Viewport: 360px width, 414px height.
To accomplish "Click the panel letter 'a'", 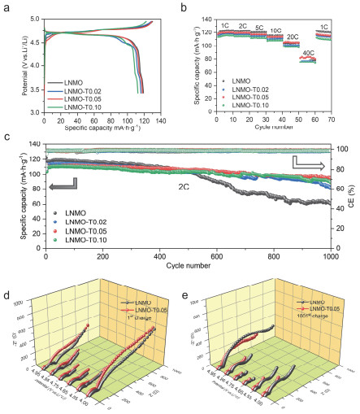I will (7, 7).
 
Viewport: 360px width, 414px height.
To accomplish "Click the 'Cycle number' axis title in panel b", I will (274, 129).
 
